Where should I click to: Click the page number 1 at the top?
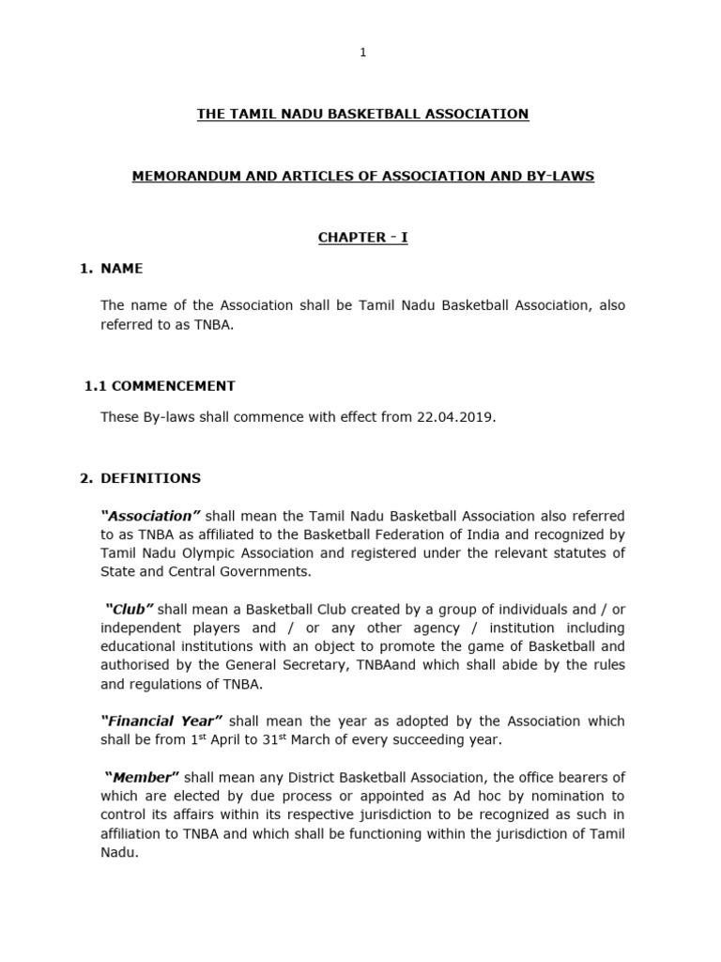pos(362,53)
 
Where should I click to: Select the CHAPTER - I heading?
pos(362,238)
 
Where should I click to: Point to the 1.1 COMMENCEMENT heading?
pos(160,385)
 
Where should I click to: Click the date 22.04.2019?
pos(454,416)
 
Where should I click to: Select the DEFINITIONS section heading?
pos(150,478)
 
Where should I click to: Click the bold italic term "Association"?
pos(150,516)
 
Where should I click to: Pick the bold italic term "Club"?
pos(130,610)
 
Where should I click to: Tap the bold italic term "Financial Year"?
pos(161,721)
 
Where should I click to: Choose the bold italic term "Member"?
pos(142,778)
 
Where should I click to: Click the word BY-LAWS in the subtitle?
pos(561,176)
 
